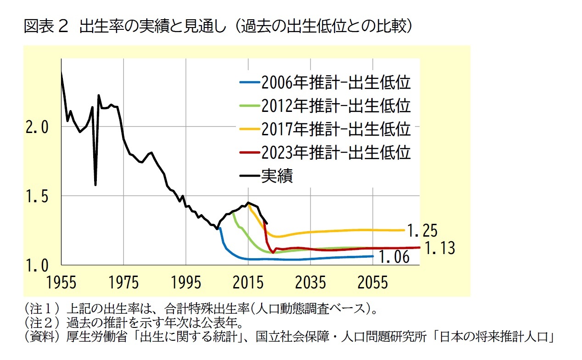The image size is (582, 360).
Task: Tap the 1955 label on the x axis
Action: (61, 282)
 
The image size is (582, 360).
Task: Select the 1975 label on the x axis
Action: (123, 282)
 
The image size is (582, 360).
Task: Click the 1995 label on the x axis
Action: (186, 282)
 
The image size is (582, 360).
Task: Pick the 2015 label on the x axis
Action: (248, 282)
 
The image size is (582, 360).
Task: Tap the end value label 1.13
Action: (439, 248)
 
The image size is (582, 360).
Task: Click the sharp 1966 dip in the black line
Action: (95, 185)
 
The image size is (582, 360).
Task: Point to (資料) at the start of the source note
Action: (37, 338)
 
